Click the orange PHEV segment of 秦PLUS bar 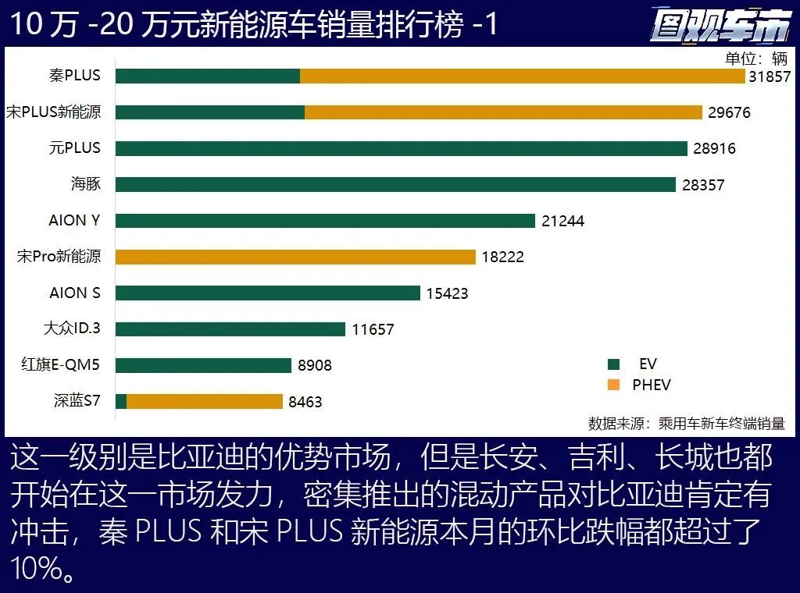(x=522, y=76)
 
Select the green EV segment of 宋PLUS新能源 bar (x=210, y=112)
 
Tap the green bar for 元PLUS (x=401, y=148)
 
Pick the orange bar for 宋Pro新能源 (x=295, y=257)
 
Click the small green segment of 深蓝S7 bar (x=121, y=401)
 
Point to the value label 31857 (x=770, y=76)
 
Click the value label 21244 (x=562, y=221)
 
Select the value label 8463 (x=305, y=402)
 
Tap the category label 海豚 (x=86, y=184)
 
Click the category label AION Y (x=74, y=220)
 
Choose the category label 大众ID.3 (x=72, y=328)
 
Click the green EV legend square (x=613, y=364)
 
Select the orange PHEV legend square (x=613, y=385)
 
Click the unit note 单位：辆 (x=756, y=59)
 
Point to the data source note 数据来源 (x=686, y=424)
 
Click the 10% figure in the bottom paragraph (x=36, y=569)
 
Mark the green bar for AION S (x=267, y=293)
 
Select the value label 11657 (x=373, y=329)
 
